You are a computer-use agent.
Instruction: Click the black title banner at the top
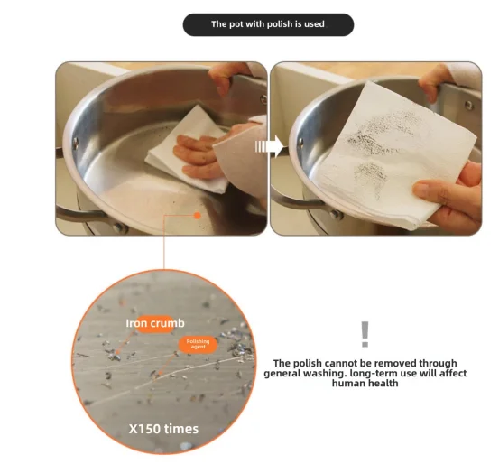[268, 24]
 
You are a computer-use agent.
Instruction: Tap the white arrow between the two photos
[261, 145]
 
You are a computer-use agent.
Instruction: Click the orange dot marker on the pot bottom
[197, 216]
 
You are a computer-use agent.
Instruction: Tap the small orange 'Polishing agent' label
[198, 344]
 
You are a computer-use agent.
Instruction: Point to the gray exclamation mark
[365, 334]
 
